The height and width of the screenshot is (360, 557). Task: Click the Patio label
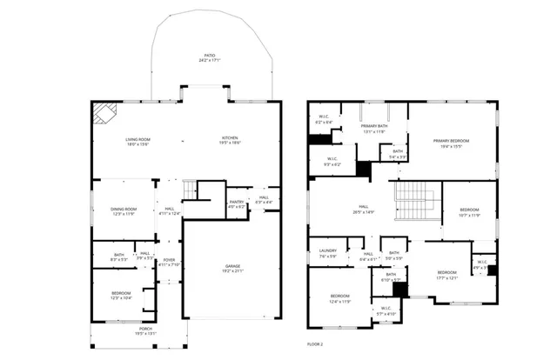209,58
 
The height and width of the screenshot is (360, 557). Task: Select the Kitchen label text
229,141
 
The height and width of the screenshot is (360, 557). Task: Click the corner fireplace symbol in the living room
104,112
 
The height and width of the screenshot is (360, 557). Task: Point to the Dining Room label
124,210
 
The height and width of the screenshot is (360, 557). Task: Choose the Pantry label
236,205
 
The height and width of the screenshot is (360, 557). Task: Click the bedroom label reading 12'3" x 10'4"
121,296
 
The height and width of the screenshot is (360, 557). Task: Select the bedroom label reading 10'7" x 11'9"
469,212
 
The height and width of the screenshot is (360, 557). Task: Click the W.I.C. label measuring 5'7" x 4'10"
385,311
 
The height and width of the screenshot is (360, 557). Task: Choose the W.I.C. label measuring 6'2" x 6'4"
323,120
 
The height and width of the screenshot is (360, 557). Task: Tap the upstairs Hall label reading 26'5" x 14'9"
364,210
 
